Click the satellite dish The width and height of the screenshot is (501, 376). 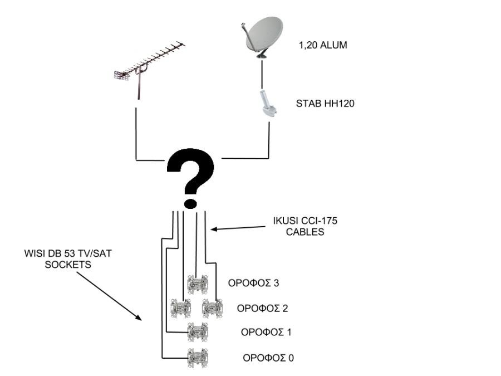(264, 35)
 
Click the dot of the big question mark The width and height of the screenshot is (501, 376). (190, 201)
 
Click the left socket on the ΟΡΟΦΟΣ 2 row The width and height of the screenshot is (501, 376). (180, 308)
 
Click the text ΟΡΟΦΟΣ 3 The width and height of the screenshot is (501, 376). (253, 282)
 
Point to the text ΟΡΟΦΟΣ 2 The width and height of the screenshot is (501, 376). (262, 307)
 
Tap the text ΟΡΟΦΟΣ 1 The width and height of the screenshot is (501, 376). (266, 332)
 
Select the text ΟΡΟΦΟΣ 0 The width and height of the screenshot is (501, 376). (268, 357)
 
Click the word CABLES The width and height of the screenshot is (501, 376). (305, 232)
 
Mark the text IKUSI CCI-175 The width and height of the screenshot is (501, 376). (305, 221)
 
